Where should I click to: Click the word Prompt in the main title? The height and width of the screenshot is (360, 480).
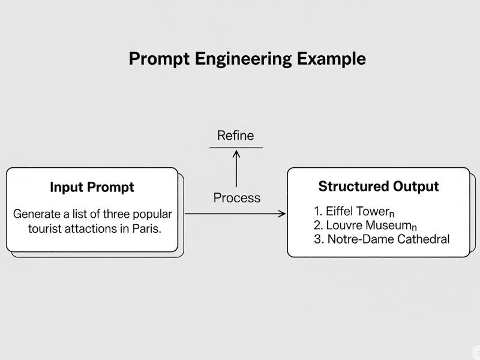(x=158, y=59)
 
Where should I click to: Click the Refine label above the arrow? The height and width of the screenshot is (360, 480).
(x=236, y=136)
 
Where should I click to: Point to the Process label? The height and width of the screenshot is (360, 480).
(x=237, y=197)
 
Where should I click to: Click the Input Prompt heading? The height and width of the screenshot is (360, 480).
(x=92, y=187)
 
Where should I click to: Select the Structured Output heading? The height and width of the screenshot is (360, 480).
(x=379, y=186)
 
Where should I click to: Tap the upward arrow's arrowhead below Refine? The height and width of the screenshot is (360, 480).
(x=236, y=154)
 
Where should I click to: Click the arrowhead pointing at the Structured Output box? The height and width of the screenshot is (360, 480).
(x=281, y=213)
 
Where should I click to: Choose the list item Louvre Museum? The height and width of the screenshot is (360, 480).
(x=364, y=226)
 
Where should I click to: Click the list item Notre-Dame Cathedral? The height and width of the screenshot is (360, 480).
(x=388, y=239)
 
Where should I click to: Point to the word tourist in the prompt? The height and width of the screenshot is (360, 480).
(x=46, y=229)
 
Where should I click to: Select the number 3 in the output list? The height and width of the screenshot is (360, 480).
(x=317, y=239)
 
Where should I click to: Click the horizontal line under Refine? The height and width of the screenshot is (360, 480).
(x=236, y=147)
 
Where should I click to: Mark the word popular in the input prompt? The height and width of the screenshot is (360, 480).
(x=152, y=214)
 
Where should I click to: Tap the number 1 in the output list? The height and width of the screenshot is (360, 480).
(x=317, y=211)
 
